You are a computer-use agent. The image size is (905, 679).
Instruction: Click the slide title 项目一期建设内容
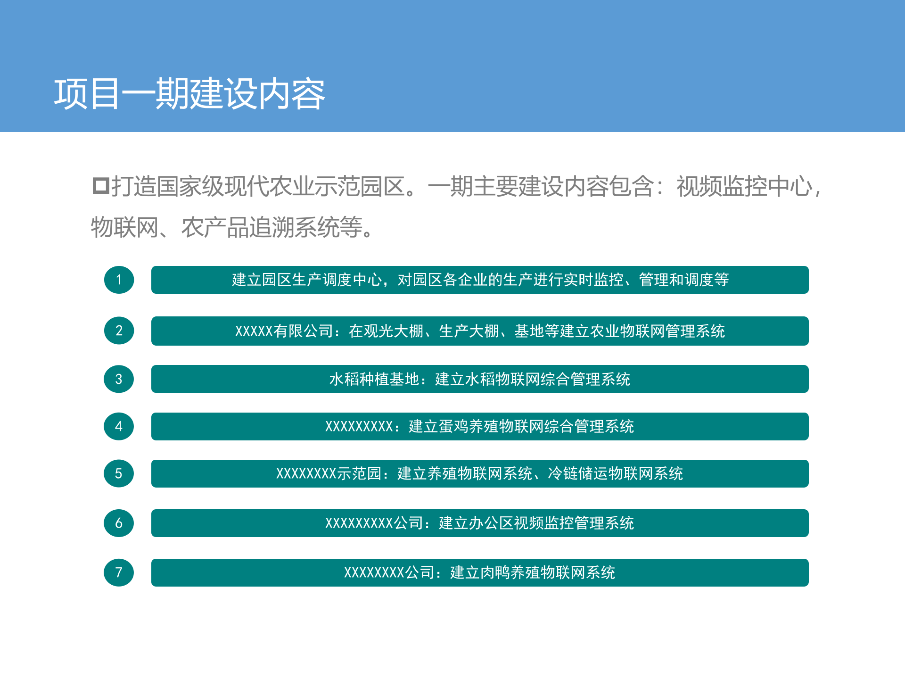click(189, 94)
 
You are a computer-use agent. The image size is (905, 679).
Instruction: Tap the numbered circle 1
click(119, 280)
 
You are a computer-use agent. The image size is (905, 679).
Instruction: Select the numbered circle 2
click(119, 331)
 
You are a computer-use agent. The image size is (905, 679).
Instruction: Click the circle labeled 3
click(119, 379)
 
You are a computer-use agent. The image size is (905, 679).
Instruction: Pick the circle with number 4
click(119, 426)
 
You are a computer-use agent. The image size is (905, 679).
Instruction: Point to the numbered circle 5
click(119, 473)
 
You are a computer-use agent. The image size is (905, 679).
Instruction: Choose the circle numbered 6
click(119, 523)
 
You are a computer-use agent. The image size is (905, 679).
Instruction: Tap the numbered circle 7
click(119, 572)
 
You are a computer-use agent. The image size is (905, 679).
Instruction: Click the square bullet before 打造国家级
click(100, 186)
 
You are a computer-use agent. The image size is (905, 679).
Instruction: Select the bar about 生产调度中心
click(480, 280)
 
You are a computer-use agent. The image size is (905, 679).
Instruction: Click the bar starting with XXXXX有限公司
click(480, 331)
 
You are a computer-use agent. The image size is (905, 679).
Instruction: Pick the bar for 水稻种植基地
click(480, 379)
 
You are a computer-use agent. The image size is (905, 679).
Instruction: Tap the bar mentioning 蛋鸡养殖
click(480, 427)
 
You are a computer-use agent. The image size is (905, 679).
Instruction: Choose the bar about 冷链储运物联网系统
click(480, 473)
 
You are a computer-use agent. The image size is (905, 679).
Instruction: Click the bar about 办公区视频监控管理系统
click(480, 523)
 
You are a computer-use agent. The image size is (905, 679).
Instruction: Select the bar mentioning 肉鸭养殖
click(480, 572)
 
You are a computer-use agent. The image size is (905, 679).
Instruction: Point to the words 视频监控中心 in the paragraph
click(744, 186)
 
